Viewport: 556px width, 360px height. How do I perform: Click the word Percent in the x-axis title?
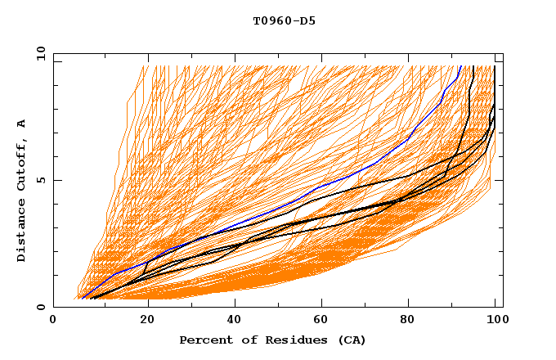point(204,340)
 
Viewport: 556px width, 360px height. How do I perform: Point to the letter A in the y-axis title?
point(22,123)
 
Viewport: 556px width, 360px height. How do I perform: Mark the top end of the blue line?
point(461,66)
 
